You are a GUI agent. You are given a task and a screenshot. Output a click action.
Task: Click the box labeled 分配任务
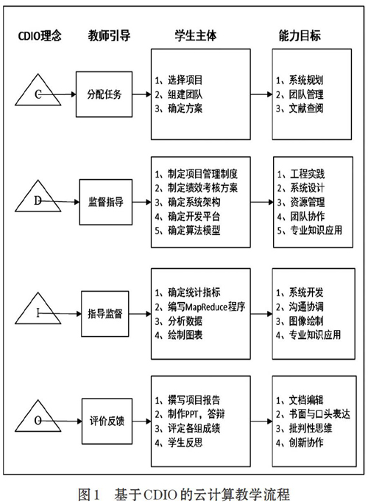(104, 94)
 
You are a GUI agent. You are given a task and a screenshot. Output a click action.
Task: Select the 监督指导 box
(106, 202)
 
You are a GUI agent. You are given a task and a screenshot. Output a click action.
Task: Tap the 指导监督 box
(105, 314)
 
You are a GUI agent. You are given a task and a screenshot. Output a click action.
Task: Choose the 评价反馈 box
(107, 421)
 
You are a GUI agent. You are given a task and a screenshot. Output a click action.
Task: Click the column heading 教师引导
(109, 35)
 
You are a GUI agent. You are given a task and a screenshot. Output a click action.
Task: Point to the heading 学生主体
(196, 35)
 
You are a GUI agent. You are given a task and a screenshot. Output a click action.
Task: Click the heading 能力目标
(300, 35)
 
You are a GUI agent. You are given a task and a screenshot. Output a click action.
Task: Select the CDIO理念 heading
(39, 35)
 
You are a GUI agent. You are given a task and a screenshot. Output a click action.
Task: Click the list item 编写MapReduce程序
(207, 307)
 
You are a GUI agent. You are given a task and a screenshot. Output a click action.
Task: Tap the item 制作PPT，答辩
(197, 414)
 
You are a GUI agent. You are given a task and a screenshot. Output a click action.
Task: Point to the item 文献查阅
(306, 108)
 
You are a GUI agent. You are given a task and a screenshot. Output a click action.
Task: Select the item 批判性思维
(310, 428)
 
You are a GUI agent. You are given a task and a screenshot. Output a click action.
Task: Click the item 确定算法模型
(194, 231)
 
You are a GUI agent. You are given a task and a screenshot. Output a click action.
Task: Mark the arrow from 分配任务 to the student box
(141, 94)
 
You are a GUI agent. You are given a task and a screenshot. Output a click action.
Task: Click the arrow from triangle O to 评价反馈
(60, 421)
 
